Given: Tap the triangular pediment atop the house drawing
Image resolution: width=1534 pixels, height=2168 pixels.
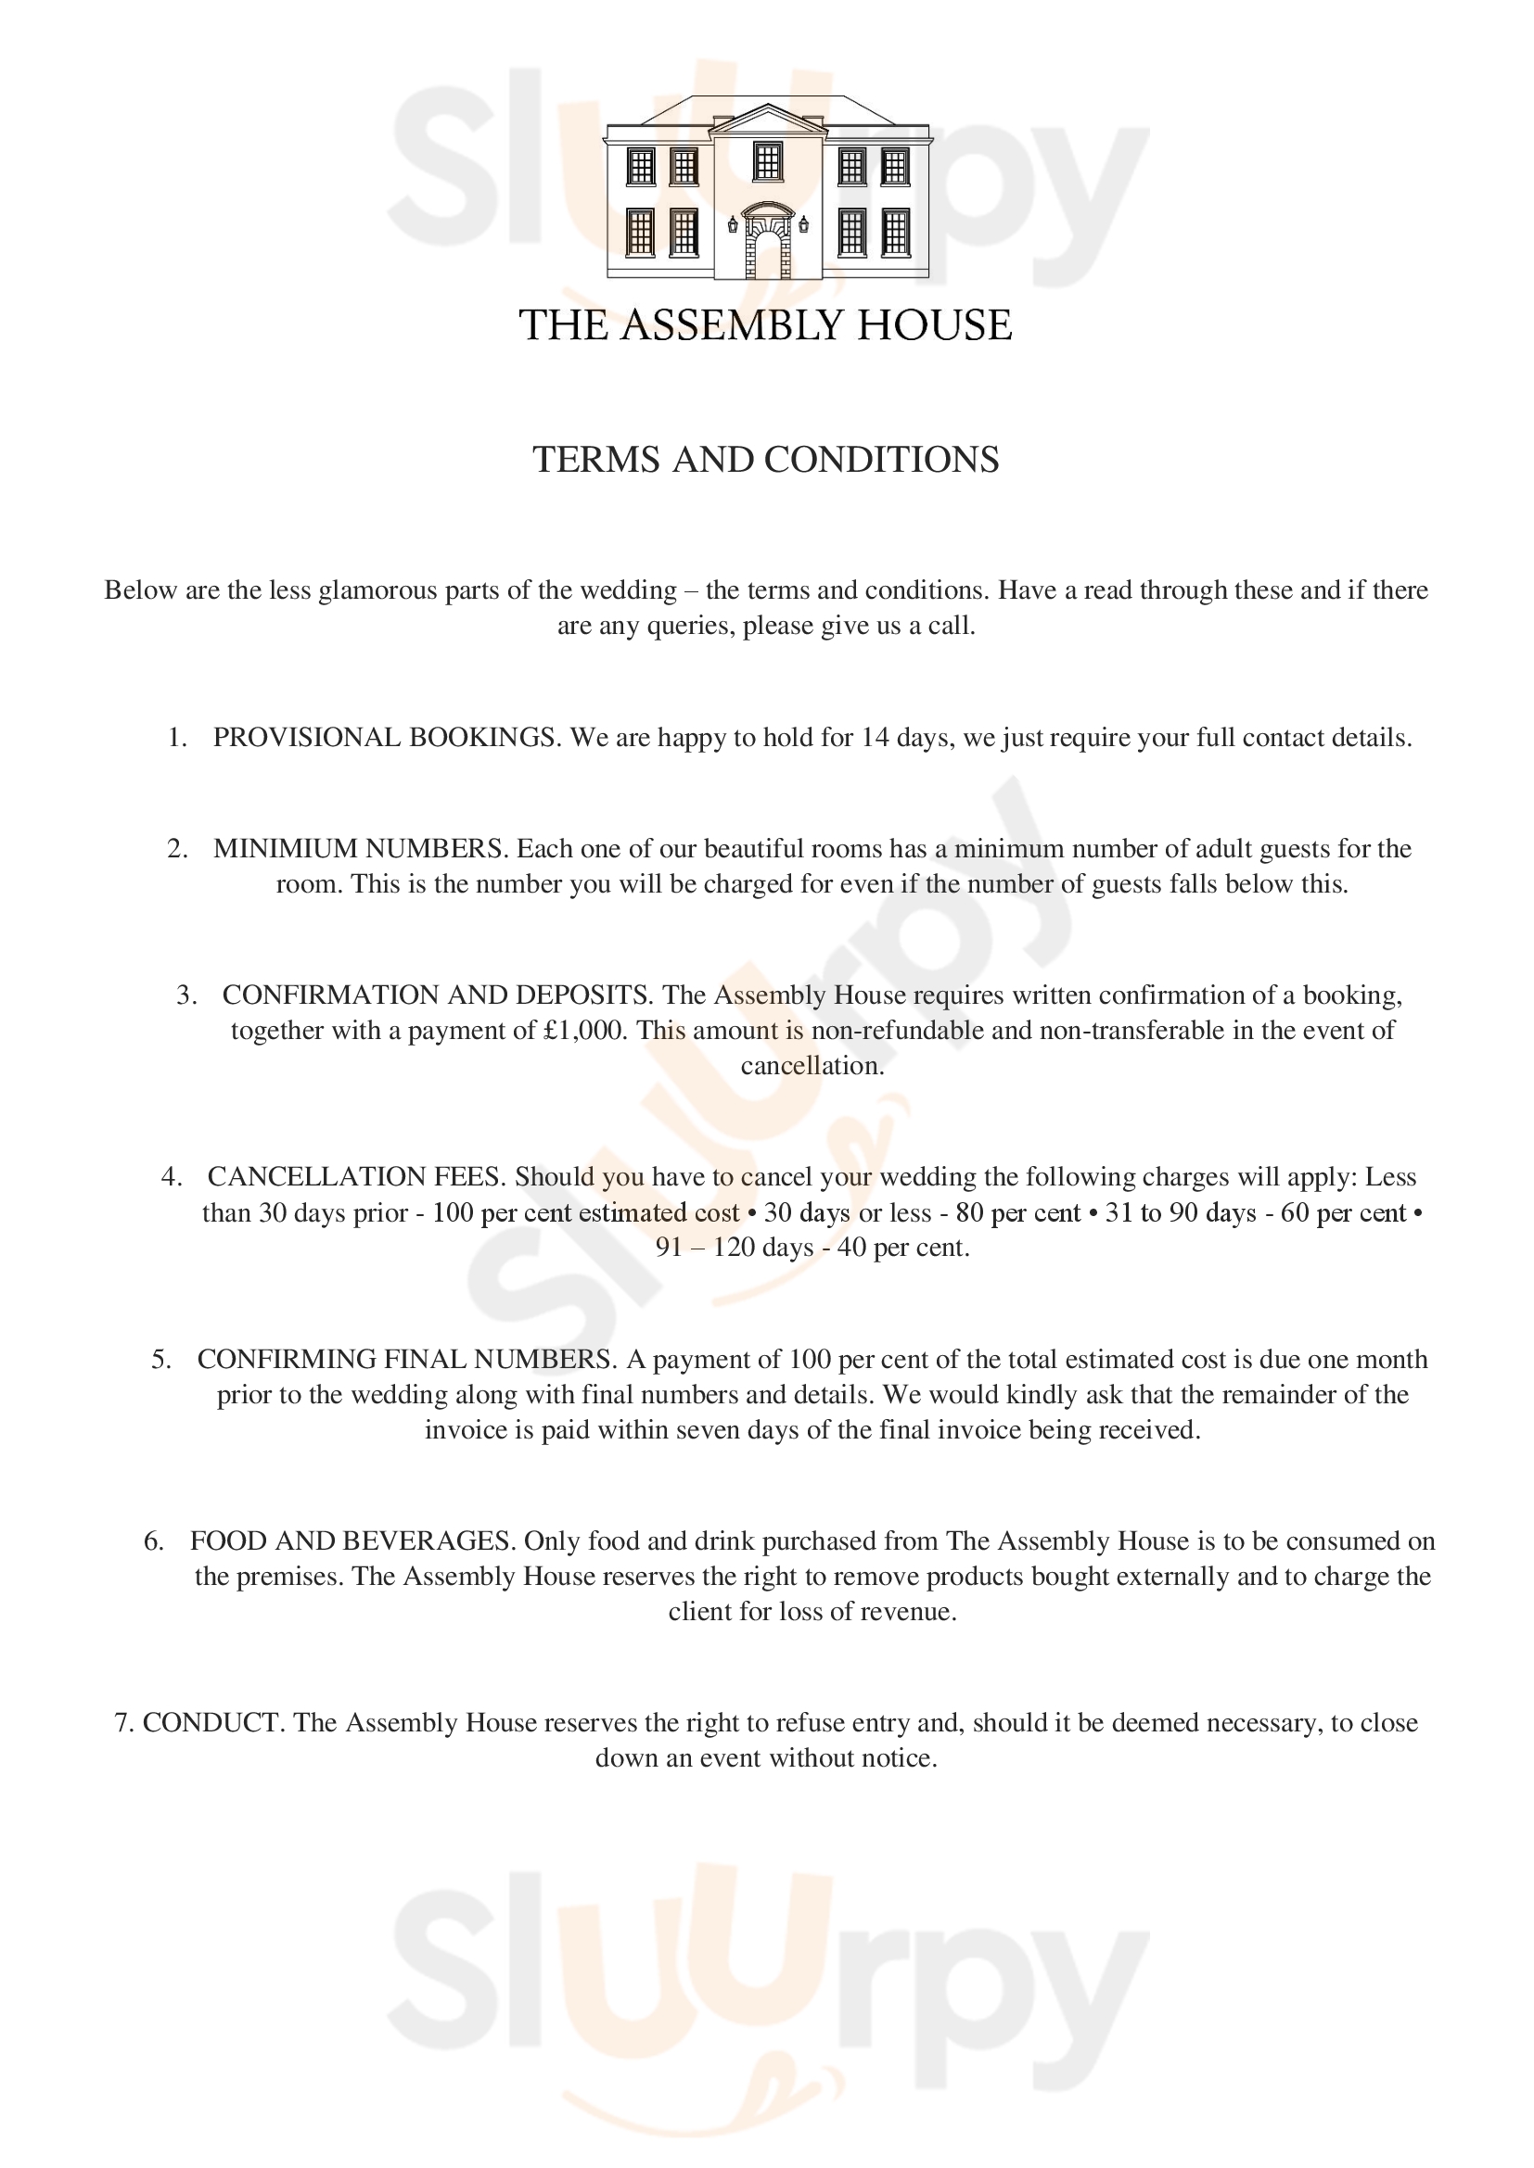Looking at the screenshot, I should click(x=767, y=120).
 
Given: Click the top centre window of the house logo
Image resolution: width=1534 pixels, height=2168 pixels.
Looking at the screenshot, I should click(x=767, y=161).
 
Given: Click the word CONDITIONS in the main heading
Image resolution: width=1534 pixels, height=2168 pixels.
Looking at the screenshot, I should click(x=880, y=460).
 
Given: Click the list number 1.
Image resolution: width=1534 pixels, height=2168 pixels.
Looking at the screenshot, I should click(x=176, y=738).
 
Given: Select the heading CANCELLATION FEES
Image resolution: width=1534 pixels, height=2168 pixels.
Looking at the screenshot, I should click(x=356, y=1177).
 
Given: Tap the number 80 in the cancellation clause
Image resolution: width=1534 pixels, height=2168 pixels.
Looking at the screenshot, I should click(x=970, y=1213).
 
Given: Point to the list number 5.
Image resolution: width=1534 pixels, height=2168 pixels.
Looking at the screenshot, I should click(x=160, y=1360).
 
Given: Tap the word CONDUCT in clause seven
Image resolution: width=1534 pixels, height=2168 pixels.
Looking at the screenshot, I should click(x=211, y=1723).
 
